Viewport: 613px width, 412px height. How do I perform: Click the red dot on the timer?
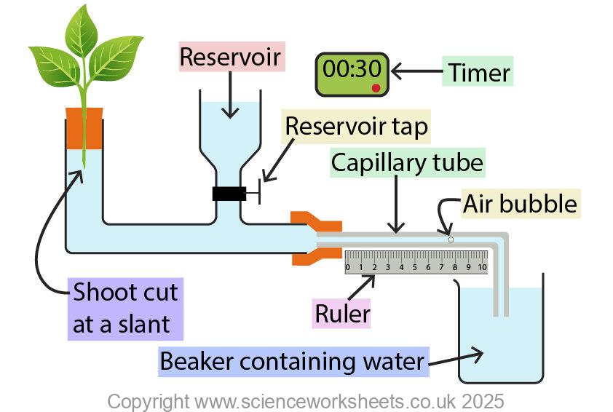coord(376,88)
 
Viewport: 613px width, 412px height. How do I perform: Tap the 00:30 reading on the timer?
coord(352,69)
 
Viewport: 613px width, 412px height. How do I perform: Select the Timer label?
coord(478,73)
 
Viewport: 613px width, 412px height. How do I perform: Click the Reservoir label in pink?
coord(232,57)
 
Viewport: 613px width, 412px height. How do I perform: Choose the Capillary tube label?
coord(406,162)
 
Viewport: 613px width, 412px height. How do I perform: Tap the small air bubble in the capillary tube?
coord(451,239)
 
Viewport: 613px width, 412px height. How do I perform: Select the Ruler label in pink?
coord(342,314)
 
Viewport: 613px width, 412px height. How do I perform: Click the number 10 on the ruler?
coord(482,268)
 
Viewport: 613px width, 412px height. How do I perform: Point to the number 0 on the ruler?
coord(348,268)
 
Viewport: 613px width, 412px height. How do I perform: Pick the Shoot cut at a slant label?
coord(124,309)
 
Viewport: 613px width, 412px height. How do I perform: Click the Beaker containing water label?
coord(293,361)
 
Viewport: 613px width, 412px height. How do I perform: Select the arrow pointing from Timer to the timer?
coord(416,72)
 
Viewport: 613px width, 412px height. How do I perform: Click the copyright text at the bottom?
coord(306,401)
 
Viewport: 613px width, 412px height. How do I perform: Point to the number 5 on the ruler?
coord(415,268)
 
